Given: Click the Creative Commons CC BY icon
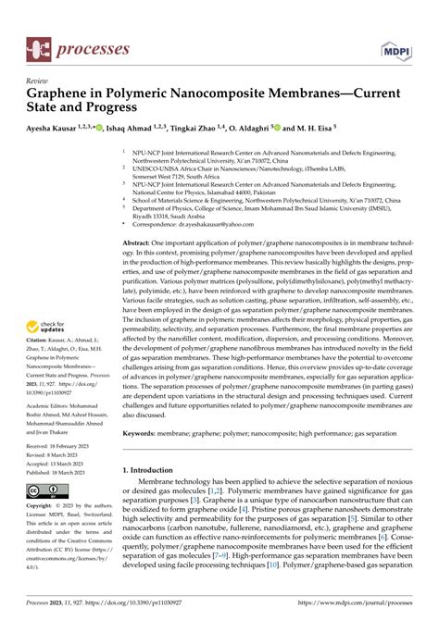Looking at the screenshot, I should point(46,490).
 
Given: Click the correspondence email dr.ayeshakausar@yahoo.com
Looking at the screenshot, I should point(215,223).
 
